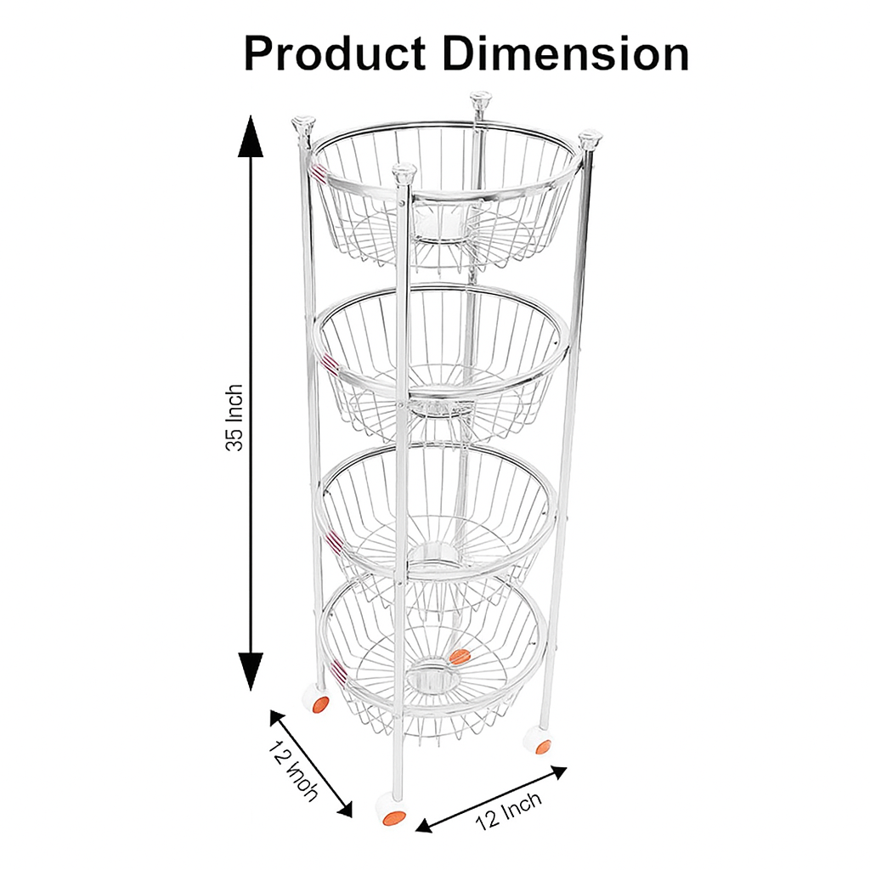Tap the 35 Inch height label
(234, 417)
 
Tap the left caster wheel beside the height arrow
(319, 701)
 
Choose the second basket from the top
(442, 357)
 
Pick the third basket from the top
(438, 518)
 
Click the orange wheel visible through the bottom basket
(460, 656)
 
